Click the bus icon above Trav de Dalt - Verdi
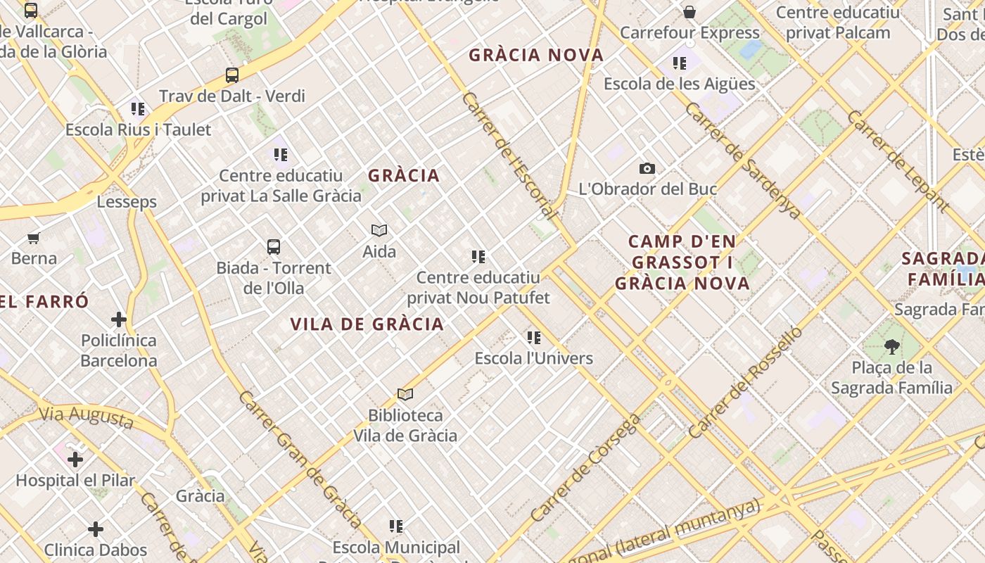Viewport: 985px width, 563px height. [x=232, y=75]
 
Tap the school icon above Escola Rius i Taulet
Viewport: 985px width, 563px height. [x=138, y=109]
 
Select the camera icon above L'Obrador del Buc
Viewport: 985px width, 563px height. [x=647, y=168]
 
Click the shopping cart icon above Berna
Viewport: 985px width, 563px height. [x=34, y=238]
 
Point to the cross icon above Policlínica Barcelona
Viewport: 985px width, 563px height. [x=118, y=320]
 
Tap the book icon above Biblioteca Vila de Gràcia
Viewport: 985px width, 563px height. [x=405, y=394]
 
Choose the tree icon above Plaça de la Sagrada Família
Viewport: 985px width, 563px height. [x=891, y=346]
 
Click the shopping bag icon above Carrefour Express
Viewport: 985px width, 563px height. [x=689, y=12]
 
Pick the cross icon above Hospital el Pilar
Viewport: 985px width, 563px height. [x=75, y=460]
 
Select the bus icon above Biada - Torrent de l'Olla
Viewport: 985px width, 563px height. [x=274, y=247]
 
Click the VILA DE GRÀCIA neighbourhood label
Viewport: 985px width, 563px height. [x=367, y=324]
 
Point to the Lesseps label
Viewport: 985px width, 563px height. [x=127, y=202]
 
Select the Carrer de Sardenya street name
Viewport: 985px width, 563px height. [x=742, y=160]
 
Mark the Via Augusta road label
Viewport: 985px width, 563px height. [x=86, y=417]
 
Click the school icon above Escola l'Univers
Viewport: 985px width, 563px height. [x=534, y=338]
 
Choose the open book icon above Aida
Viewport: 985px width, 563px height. [x=379, y=230]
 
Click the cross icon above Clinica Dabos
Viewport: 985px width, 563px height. [x=96, y=529]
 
